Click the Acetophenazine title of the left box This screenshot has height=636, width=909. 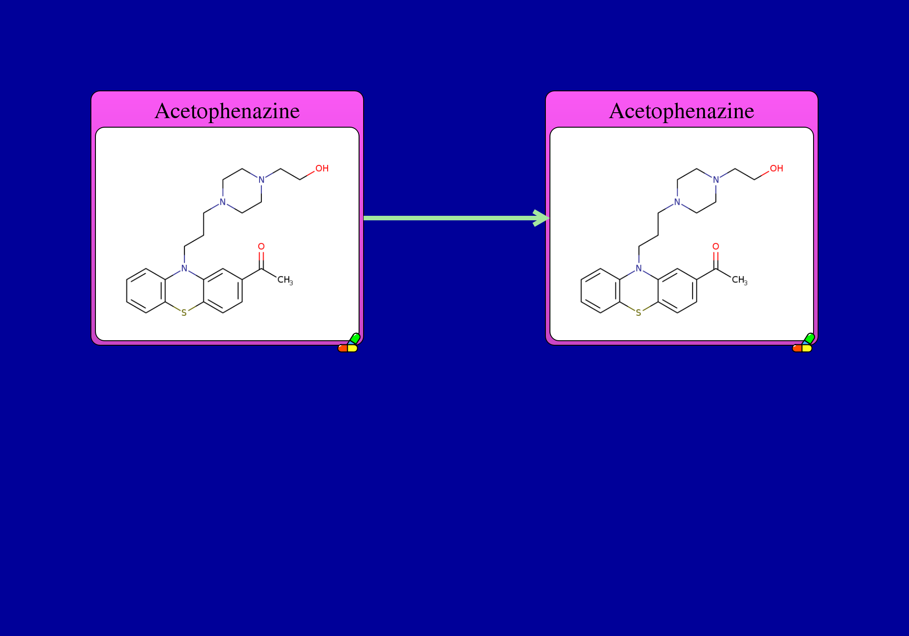(x=227, y=111)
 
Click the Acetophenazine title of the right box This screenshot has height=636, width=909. (x=682, y=111)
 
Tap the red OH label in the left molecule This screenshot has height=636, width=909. (x=322, y=169)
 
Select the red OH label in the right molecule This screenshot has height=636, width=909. (x=776, y=169)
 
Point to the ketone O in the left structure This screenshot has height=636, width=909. (x=261, y=247)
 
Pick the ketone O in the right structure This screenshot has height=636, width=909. (x=716, y=247)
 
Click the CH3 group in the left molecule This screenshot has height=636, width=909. (x=285, y=280)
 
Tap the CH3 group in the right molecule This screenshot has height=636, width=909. (x=739, y=280)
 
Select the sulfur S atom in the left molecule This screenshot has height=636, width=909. (x=184, y=313)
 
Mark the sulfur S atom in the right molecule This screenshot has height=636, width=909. (x=639, y=313)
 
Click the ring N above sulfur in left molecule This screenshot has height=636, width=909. (x=184, y=268)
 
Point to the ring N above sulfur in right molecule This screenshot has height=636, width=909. (x=639, y=268)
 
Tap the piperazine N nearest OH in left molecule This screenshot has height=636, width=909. (x=261, y=180)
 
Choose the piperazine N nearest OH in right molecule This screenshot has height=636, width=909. (x=716, y=180)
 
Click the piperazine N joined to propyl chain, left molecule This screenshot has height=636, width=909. (x=223, y=202)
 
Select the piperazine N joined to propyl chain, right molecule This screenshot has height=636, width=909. (x=677, y=202)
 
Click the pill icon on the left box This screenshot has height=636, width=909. (x=349, y=344)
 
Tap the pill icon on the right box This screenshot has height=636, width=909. (x=803, y=344)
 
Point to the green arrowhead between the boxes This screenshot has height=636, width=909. (x=542, y=218)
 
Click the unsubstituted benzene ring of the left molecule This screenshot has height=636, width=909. (x=146, y=291)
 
